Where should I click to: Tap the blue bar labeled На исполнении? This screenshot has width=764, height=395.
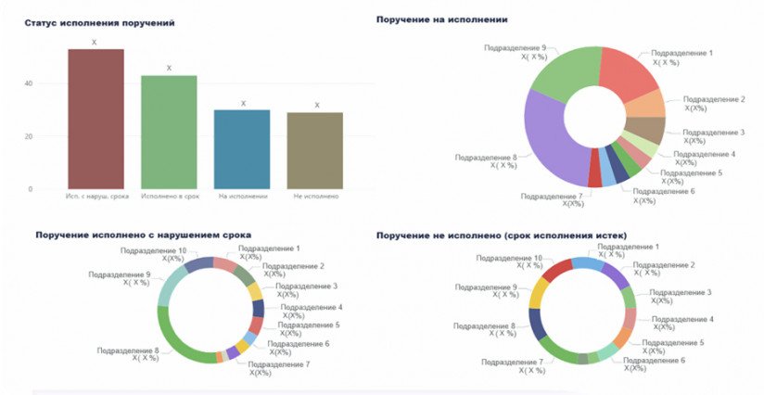click(242, 149)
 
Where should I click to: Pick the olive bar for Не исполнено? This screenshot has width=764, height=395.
click(315, 150)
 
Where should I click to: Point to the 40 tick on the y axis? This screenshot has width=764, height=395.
click(29, 83)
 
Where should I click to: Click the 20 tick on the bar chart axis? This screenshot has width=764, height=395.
click(29, 136)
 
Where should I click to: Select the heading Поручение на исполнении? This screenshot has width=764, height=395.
click(440, 19)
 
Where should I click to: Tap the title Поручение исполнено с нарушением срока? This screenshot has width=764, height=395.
click(143, 236)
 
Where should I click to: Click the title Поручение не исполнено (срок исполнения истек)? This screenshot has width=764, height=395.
click(501, 236)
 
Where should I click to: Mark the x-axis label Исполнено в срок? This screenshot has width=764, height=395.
click(168, 196)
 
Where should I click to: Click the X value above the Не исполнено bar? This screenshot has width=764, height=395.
click(316, 105)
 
